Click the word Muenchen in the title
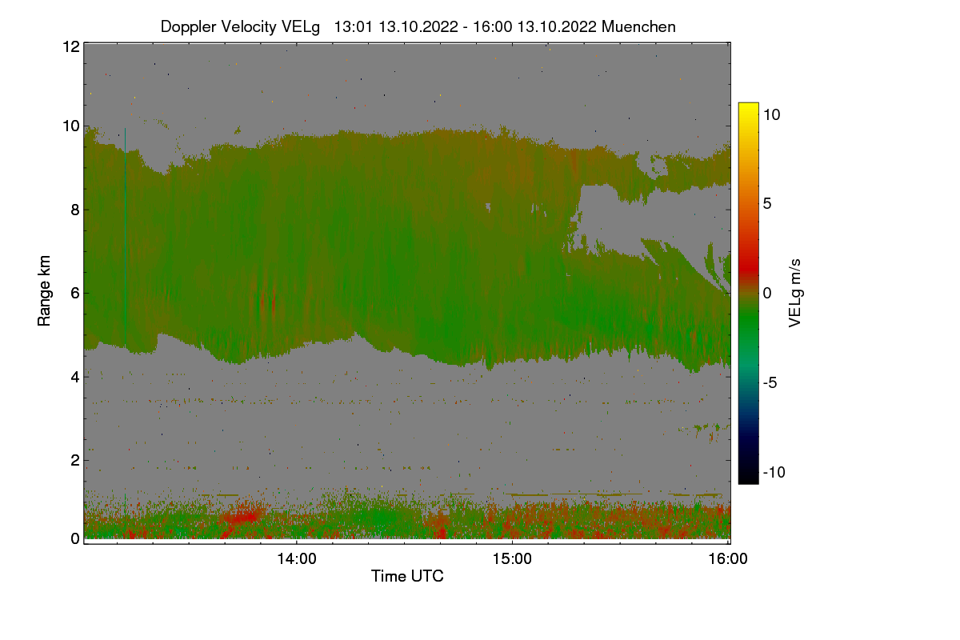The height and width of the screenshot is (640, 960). point(638,26)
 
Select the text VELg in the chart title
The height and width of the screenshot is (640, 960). point(301,26)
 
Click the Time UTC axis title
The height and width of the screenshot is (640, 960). point(407,576)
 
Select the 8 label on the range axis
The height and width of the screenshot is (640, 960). point(74,210)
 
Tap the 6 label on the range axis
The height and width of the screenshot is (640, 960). point(74,293)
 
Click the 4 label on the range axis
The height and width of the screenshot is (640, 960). point(74,376)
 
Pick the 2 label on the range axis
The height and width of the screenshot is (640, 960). point(74,460)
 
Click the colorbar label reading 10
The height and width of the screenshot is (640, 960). point(771,114)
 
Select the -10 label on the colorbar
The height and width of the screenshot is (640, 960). point(773,472)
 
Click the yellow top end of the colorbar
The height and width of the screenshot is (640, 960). point(748,107)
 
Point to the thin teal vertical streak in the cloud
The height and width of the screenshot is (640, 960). point(126,240)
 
